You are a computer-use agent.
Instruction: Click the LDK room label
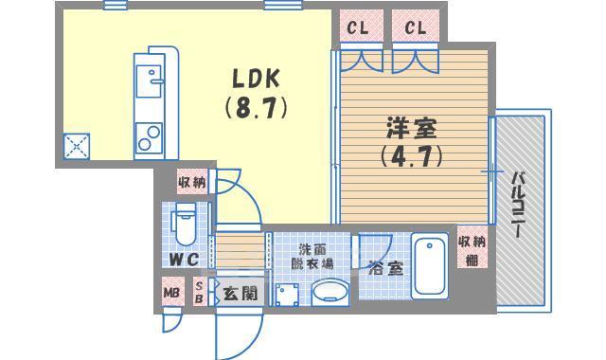tap(256, 78)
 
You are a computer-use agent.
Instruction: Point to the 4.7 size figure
tap(411, 154)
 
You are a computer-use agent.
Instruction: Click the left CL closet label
tap(357, 28)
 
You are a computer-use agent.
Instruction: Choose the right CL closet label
tap(416, 28)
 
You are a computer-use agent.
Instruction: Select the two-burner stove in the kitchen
tap(148, 137)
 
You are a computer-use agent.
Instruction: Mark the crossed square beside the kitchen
tap(76, 146)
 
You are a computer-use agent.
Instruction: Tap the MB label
tap(171, 292)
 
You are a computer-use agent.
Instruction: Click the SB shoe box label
tap(199, 291)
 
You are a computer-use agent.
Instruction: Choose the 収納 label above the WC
tap(191, 182)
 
